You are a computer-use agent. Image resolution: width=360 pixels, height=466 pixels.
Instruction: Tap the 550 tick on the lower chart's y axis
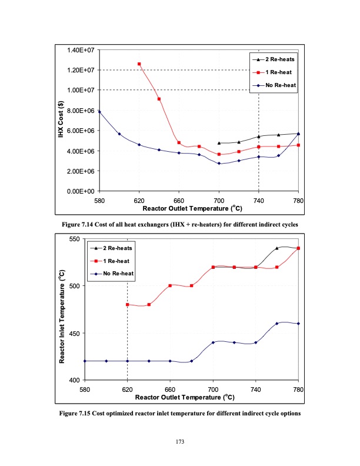pos(75,239)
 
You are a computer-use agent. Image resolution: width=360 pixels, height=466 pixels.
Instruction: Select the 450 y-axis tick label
pos(75,334)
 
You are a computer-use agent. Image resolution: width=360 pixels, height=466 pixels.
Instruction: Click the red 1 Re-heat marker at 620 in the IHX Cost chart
pos(139,64)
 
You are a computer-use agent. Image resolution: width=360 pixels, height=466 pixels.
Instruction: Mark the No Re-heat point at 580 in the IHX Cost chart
pos(99,111)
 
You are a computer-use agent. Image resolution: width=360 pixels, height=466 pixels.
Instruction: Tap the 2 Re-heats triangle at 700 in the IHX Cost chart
pos(219,143)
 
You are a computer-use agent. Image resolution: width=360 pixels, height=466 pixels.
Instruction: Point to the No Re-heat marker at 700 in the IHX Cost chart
pos(219,164)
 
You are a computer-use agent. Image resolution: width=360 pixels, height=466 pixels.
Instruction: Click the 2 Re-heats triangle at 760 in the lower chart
pos(277,248)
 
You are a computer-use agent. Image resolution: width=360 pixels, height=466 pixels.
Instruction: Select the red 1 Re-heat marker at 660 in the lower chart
pos(170,285)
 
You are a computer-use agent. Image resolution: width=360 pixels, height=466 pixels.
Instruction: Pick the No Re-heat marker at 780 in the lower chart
pos(298,324)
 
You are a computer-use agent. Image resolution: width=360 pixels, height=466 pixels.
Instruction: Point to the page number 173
pos(180,441)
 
